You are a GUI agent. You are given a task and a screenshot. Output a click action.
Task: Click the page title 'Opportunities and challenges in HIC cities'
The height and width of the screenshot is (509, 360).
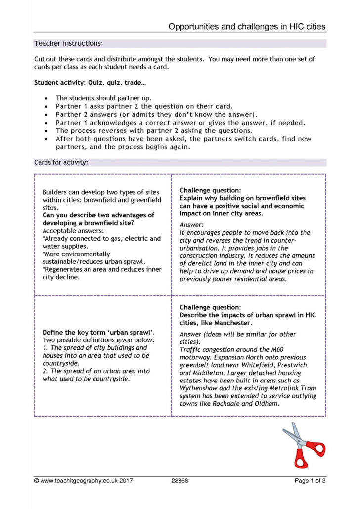click(247, 27)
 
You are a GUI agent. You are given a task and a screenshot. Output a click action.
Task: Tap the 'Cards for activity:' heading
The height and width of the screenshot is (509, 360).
click(61, 162)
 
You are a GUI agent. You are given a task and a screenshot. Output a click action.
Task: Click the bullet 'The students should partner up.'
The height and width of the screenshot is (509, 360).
click(103, 98)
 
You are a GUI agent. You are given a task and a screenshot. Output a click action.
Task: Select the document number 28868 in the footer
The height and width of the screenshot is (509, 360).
click(180, 480)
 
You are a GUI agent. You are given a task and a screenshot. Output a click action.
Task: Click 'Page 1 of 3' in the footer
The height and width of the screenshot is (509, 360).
click(310, 480)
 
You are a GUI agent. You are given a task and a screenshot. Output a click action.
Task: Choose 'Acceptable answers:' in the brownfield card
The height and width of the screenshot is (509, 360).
click(73, 230)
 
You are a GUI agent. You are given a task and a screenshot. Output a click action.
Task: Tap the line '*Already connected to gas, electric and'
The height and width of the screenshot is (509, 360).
click(101, 238)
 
